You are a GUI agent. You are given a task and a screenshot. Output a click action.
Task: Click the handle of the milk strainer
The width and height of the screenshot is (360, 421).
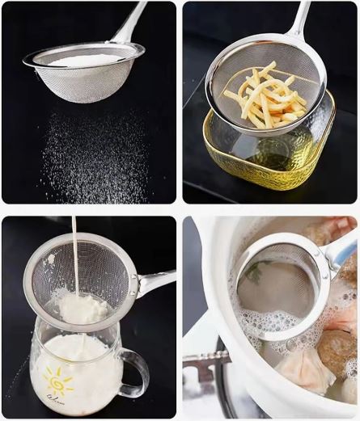pyautogui.click(x=155, y=280)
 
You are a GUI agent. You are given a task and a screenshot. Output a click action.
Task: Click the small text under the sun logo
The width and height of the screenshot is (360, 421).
pyautogui.click(x=56, y=398)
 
